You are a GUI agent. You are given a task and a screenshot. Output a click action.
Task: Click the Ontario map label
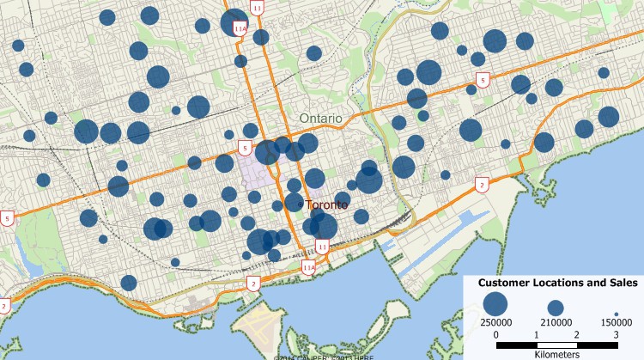(x=321, y=118)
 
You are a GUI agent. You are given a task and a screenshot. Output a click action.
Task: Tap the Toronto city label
(x=327, y=204)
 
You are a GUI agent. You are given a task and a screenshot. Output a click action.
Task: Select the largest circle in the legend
(x=494, y=303)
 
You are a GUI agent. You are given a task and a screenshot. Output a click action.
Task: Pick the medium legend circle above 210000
(x=556, y=308)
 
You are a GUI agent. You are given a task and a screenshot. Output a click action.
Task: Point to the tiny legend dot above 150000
(x=617, y=314)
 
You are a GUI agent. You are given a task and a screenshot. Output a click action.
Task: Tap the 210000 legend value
(x=556, y=322)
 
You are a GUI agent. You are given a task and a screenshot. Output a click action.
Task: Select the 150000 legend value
(x=617, y=322)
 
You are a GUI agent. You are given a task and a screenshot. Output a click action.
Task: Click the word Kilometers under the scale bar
(x=556, y=353)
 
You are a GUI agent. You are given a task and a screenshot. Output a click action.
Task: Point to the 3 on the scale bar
(x=616, y=333)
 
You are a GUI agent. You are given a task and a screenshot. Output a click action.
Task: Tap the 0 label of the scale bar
(x=496, y=333)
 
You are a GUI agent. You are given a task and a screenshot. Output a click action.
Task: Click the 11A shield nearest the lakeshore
(x=308, y=267)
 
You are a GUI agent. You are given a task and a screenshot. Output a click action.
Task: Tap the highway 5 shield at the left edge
(x=8, y=218)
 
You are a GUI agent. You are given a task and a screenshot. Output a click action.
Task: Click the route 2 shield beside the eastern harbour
(x=483, y=184)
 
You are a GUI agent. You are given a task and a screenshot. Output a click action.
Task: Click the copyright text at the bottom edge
(x=322, y=357)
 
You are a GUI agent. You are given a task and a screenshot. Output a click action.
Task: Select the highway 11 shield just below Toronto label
(x=321, y=247)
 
